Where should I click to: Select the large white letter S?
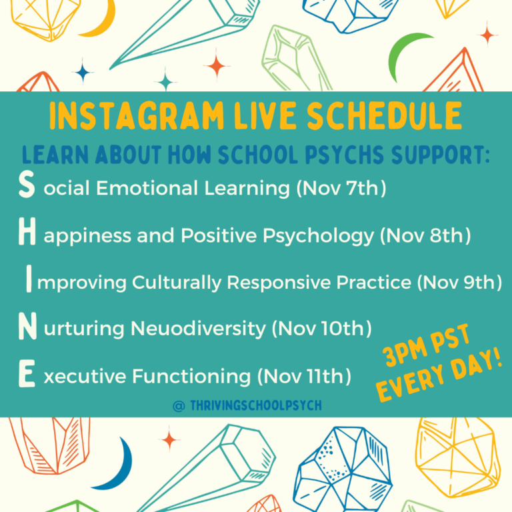26,187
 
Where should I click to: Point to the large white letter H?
27,235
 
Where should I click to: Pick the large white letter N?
27,328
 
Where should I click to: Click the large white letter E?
27,375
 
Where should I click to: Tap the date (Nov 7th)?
341,189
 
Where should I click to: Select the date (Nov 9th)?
459,282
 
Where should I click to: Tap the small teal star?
165,81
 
